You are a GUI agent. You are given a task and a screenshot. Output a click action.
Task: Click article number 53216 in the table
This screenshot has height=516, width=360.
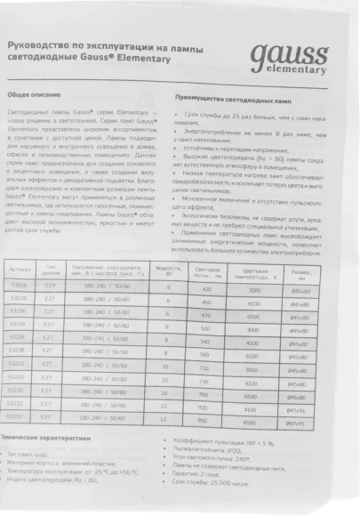click(x=18, y=290)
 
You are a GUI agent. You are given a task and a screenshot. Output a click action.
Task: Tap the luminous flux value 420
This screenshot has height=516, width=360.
click(x=206, y=290)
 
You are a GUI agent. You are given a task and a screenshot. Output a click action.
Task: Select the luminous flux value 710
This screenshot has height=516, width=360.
click(x=204, y=367)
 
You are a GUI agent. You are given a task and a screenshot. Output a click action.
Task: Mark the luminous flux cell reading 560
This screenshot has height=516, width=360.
click(x=205, y=353)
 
